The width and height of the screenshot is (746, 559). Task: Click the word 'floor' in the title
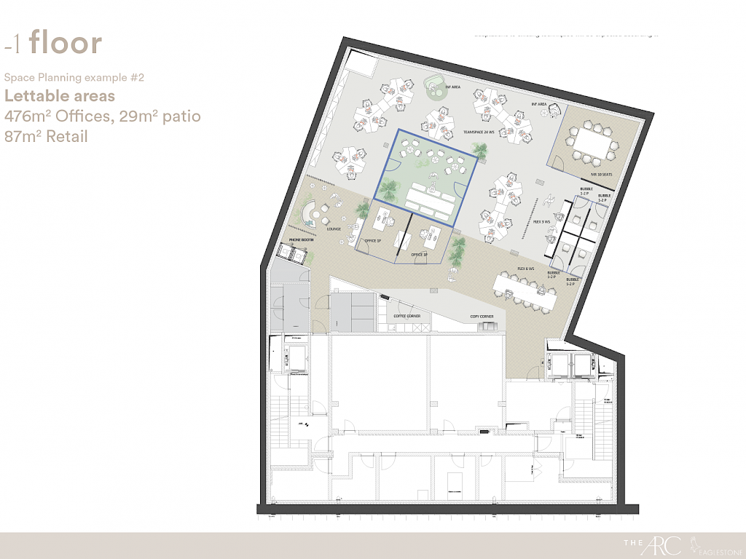[66, 44]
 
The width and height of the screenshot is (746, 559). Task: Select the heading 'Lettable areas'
[60, 96]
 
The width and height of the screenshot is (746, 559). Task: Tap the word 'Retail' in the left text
[66, 135]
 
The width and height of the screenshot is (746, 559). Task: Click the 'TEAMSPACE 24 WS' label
[479, 132]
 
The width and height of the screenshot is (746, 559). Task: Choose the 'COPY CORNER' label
[482, 317]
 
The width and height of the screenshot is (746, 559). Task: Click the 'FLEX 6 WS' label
[526, 269]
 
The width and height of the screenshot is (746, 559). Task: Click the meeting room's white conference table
[591, 144]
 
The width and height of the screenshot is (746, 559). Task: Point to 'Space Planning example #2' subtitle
[69, 77]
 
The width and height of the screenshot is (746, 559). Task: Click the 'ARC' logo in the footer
[668, 544]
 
